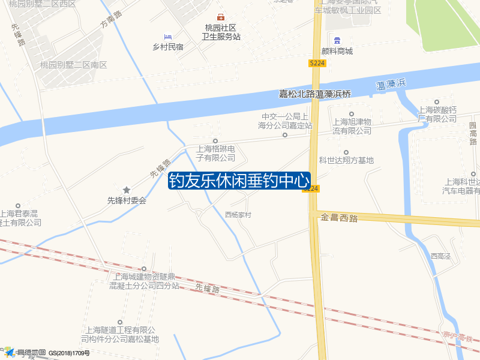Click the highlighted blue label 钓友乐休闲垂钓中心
pyautogui.click(x=239, y=181)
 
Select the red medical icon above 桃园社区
pyautogui.click(x=221, y=17)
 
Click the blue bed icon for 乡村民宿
pyautogui.click(x=167, y=37)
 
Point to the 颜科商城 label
pyautogui.click(x=337, y=52)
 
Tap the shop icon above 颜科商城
pyautogui.click(x=337, y=40)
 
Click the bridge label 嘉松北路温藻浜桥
pyautogui.click(x=314, y=94)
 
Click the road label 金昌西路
pyautogui.click(x=339, y=217)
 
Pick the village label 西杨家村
pyautogui.click(x=238, y=215)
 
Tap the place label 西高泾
pyautogui.click(x=440, y=256)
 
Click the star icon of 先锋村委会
pyautogui.click(x=127, y=190)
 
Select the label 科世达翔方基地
pyautogui.click(x=346, y=160)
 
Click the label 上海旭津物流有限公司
pyautogui.click(x=352, y=126)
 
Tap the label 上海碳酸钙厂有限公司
pyautogui.click(x=437, y=114)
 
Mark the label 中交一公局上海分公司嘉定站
pyautogui.click(x=285, y=121)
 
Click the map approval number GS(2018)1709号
pyautogui.click(x=69, y=353)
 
